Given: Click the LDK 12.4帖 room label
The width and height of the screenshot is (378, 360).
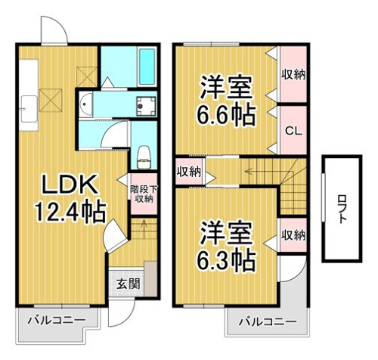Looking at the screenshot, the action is point(70,198).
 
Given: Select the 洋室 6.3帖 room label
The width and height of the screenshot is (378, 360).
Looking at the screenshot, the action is point(226,246).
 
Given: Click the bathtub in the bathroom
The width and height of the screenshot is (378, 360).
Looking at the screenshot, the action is point(147,67).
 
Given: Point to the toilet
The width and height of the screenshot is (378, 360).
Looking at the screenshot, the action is point(144,157).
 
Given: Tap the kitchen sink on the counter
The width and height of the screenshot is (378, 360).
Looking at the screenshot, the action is point(29,109).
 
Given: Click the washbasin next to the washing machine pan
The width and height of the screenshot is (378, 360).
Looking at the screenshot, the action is point(85,104).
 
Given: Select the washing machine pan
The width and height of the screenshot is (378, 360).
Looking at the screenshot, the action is point(146,106).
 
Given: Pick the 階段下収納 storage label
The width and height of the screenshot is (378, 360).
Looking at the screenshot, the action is point(144,194).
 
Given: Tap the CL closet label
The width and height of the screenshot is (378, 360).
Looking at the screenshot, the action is point(293,131).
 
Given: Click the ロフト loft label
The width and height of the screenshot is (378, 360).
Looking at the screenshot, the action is point(342,209).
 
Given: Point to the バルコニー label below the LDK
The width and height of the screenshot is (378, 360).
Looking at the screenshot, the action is point(57,321).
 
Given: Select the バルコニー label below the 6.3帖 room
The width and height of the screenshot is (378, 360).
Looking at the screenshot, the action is point(268,322).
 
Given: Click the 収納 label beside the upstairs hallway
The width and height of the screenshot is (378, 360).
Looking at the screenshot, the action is point(188,172).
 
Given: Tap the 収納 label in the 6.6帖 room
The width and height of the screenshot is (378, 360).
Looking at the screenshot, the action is point(293,75).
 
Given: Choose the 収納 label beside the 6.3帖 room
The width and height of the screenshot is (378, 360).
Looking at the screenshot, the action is point(293,235).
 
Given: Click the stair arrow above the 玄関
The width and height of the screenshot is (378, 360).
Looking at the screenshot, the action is point(144,229).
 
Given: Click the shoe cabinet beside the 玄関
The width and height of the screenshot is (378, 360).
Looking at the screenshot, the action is point(150,279).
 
